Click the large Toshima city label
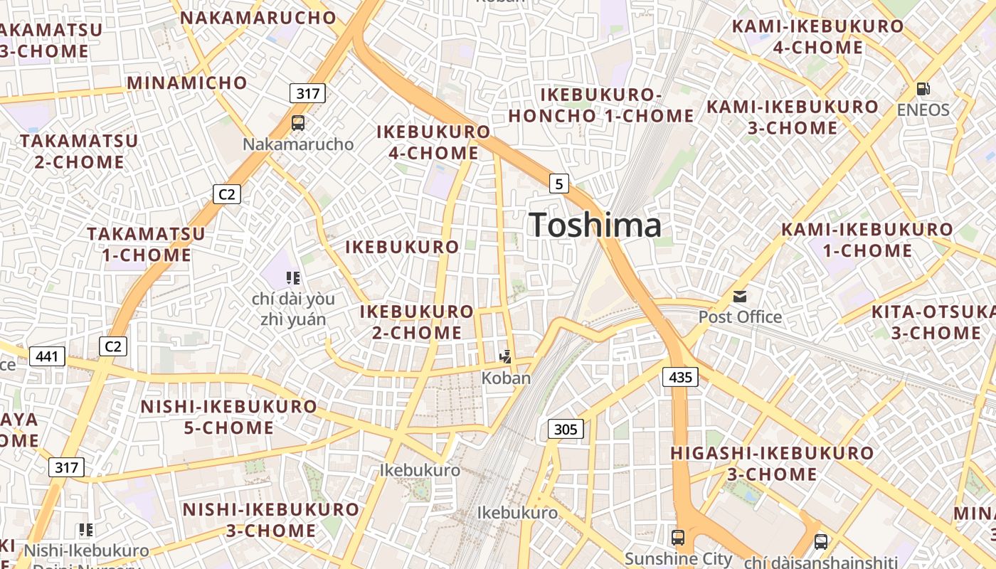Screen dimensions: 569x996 [595, 225]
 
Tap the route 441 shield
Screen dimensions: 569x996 [47, 356]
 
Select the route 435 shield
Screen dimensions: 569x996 [680, 377]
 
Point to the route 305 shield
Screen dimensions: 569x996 [566, 429]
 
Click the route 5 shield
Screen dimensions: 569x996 [559, 184]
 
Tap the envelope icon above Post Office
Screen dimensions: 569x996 [740, 297]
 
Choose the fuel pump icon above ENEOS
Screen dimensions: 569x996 [923, 90]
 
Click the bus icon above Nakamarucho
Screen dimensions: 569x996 [298, 123]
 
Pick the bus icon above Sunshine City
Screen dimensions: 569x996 [678, 538]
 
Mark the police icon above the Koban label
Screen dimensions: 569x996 [506, 357]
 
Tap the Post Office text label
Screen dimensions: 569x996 [740, 317]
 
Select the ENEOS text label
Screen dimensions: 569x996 [923, 110]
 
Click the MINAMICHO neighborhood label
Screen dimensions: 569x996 [187, 83]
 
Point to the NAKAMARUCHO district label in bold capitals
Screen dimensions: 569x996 [258, 18]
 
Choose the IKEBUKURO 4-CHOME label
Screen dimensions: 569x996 [433, 142]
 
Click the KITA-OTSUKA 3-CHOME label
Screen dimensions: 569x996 [934, 322]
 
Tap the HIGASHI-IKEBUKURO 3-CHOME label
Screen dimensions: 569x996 [772, 463]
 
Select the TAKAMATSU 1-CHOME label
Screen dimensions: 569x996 [147, 244]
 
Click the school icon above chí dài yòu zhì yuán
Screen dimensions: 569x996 [292, 277]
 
